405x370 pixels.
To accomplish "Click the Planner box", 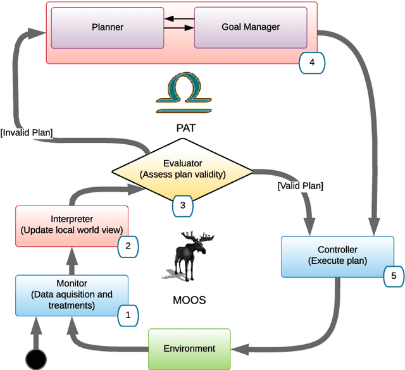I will pos(107,27).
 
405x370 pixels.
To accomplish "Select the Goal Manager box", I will pos(251,27).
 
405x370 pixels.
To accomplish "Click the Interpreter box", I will pos(71,224).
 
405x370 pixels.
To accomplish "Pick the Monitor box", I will pos(71,295).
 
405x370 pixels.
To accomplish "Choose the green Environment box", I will pos(189,348).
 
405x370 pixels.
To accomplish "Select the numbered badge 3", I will pos(182,205).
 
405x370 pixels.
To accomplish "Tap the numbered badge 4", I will pos(311,63).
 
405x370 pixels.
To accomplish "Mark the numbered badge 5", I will pos(392,276).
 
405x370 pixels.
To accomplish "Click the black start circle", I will pos(36,359).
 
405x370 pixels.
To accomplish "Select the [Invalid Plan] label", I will pos(27,132).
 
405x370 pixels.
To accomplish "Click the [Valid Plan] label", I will pos(300,186).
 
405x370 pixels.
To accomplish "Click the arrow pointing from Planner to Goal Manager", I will pos(178,28).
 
